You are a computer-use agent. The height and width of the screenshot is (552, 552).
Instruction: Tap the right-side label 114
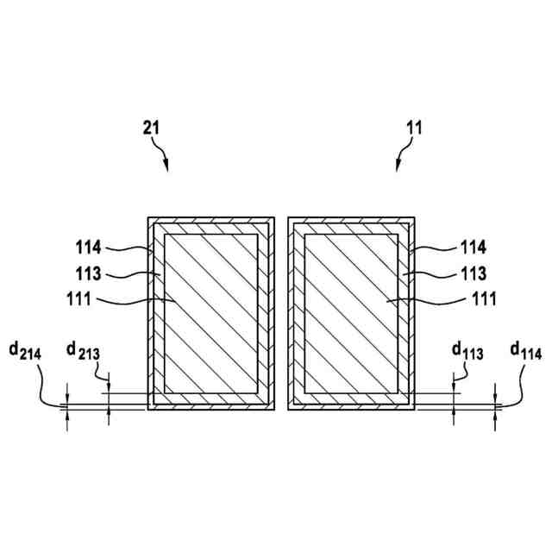[x=473, y=248]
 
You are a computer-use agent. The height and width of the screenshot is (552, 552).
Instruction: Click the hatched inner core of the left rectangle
[x=211, y=313]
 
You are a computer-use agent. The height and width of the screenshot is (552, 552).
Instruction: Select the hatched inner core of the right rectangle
[x=352, y=313]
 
